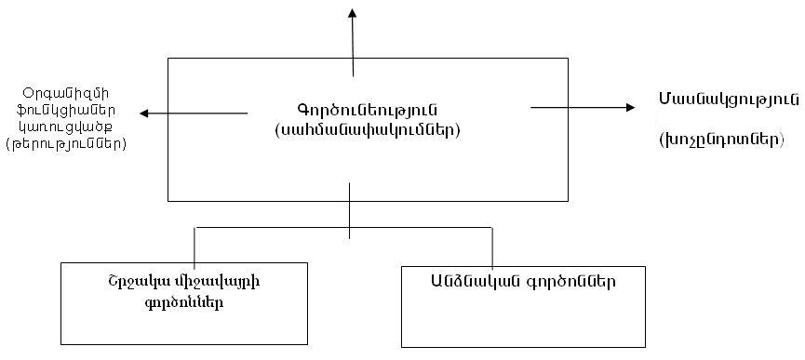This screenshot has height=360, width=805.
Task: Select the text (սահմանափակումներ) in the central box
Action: click(369, 130)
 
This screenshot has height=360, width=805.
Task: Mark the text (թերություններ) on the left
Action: click(66, 145)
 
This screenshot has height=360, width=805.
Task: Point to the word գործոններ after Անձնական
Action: click(571, 280)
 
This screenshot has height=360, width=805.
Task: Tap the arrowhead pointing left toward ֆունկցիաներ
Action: click(146, 113)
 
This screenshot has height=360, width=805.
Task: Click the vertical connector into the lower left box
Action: click(195, 245)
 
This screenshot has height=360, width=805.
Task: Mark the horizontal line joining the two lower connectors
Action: click(279, 226)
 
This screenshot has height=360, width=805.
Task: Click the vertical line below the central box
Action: click(350, 213)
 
